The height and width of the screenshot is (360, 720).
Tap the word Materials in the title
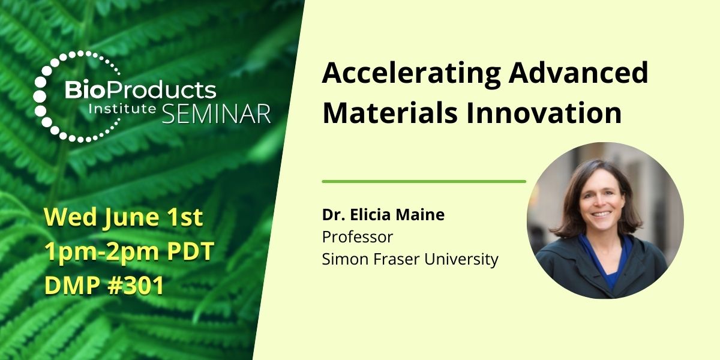pos(390,113)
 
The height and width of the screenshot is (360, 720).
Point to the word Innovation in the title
pos(544,113)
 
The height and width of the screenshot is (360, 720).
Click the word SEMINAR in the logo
pos(217,114)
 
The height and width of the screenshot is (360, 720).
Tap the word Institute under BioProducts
pos(122,109)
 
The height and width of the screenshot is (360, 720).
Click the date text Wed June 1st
pos(124,218)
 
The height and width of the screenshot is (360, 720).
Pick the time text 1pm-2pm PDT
pos(129,251)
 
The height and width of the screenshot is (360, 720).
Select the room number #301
pos(136,286)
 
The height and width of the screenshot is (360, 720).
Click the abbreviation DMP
pos(73,286)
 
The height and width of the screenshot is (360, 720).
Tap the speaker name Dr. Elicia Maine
pos(383,215)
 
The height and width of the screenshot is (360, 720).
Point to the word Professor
pos(358,237)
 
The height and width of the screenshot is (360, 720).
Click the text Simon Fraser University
pos(410,259)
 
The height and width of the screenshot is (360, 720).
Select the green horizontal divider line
pos(424,182)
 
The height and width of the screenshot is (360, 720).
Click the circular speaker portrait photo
pos(605,221)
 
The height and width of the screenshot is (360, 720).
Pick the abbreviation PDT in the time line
pos(191,251)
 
